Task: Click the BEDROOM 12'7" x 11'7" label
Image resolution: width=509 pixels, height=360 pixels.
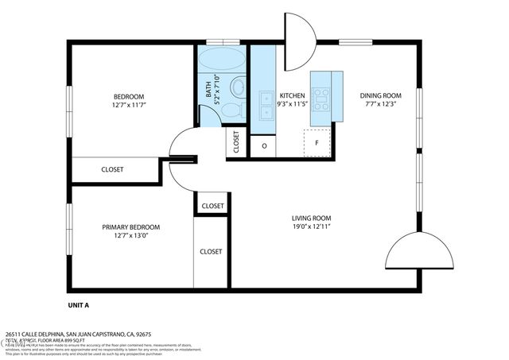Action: point(128,101)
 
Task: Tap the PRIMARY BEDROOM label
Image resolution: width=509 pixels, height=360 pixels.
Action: point(130,230)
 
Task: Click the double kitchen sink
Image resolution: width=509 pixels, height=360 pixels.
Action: point(263,101)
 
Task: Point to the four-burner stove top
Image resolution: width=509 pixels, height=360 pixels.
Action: point(321,99)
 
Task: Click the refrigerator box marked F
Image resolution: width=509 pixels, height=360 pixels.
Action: point(317,143)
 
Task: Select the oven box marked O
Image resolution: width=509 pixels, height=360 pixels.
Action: point(263,146)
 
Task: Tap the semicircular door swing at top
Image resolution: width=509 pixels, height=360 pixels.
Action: point(300,41)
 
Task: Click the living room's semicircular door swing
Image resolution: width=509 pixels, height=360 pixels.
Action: point(420,254)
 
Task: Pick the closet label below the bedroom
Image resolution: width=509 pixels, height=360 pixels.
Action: point(112,169)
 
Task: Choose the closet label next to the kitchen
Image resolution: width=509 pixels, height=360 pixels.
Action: point(236,142)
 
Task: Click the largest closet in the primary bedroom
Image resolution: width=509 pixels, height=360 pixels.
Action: point(211,251)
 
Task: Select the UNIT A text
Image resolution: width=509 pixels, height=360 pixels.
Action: point(78,305)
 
